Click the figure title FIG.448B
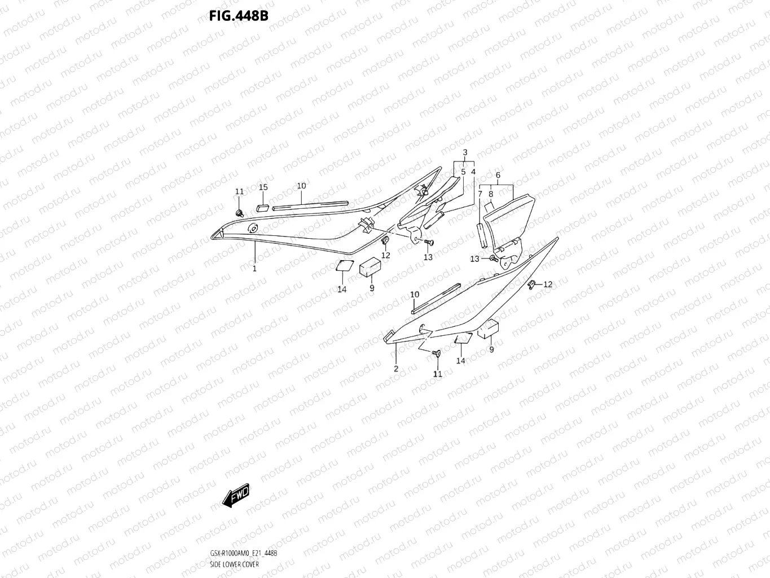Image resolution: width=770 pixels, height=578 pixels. pyautogui.click(x=238, y=16)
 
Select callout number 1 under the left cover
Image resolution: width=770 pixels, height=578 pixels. pyautogui.click(x=254, y=269)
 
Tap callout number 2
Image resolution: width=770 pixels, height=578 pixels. pyautogui.click(x=396, y=369)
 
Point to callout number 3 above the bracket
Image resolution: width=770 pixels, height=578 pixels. pyautogui.click(x=465, y=152)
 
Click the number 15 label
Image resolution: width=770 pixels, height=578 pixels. pyautogui.click(x=263, y=187)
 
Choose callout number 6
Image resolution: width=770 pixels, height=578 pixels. pyautogui.click(x=498, y=176)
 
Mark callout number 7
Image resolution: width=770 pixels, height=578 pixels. pyautogui.click(x=480, y=194)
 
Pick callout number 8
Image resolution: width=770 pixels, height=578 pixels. pyautogui.click(x=491, y=194)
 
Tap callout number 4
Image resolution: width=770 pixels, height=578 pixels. pyautogui.click(x=473, y=172)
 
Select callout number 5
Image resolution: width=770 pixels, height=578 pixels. pyautogui.click(x=463, y=172)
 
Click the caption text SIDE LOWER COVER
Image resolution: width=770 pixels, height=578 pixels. pyautogui.click(x=234, y=564)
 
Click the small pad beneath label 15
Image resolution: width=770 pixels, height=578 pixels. pyautogui.click(x=262, y=205)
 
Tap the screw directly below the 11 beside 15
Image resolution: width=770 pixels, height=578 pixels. pyautogui.click(x=239, y=213)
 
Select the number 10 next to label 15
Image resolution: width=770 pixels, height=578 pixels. pyautogui.click(x=301, y=186)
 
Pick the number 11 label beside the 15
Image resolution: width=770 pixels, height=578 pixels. pyautogui.click(x=239, y=192)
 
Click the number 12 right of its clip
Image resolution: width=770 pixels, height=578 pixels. pyautogui.click(x=548, y=284)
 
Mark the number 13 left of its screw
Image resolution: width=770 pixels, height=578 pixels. pyautogui.click(x=475, y=259)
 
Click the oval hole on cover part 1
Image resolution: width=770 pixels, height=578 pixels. pyautogui.click(x=252, y=229)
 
